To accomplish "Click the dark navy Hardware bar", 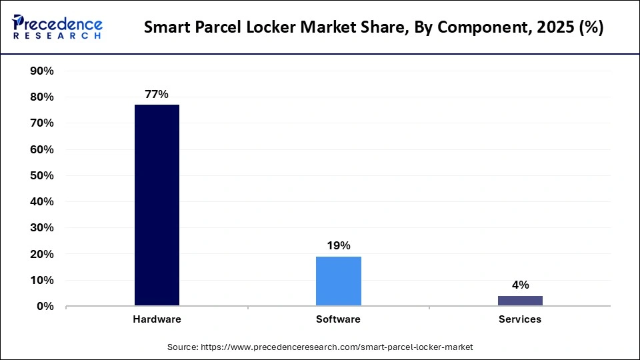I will pyautogui.click(x=157, y=205).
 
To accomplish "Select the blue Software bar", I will pyautogui.click(x=338, y=281).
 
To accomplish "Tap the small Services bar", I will pyautogui.click(x=520, y=301).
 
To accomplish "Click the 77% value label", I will pyautogui.click(x=157, y=95).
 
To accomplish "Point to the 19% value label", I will pyautogui.click(x=338, y=246).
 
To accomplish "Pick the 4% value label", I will pyautogui.click(x=520, y=285).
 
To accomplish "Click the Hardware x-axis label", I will pyautogui.click(x=157, y=319).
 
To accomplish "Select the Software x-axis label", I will pyautogui.click(x=338, y=319).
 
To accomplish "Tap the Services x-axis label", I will pyautogui.click(x=520, y=319).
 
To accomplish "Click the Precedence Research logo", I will pyautogui.click(x=57, y=27).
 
